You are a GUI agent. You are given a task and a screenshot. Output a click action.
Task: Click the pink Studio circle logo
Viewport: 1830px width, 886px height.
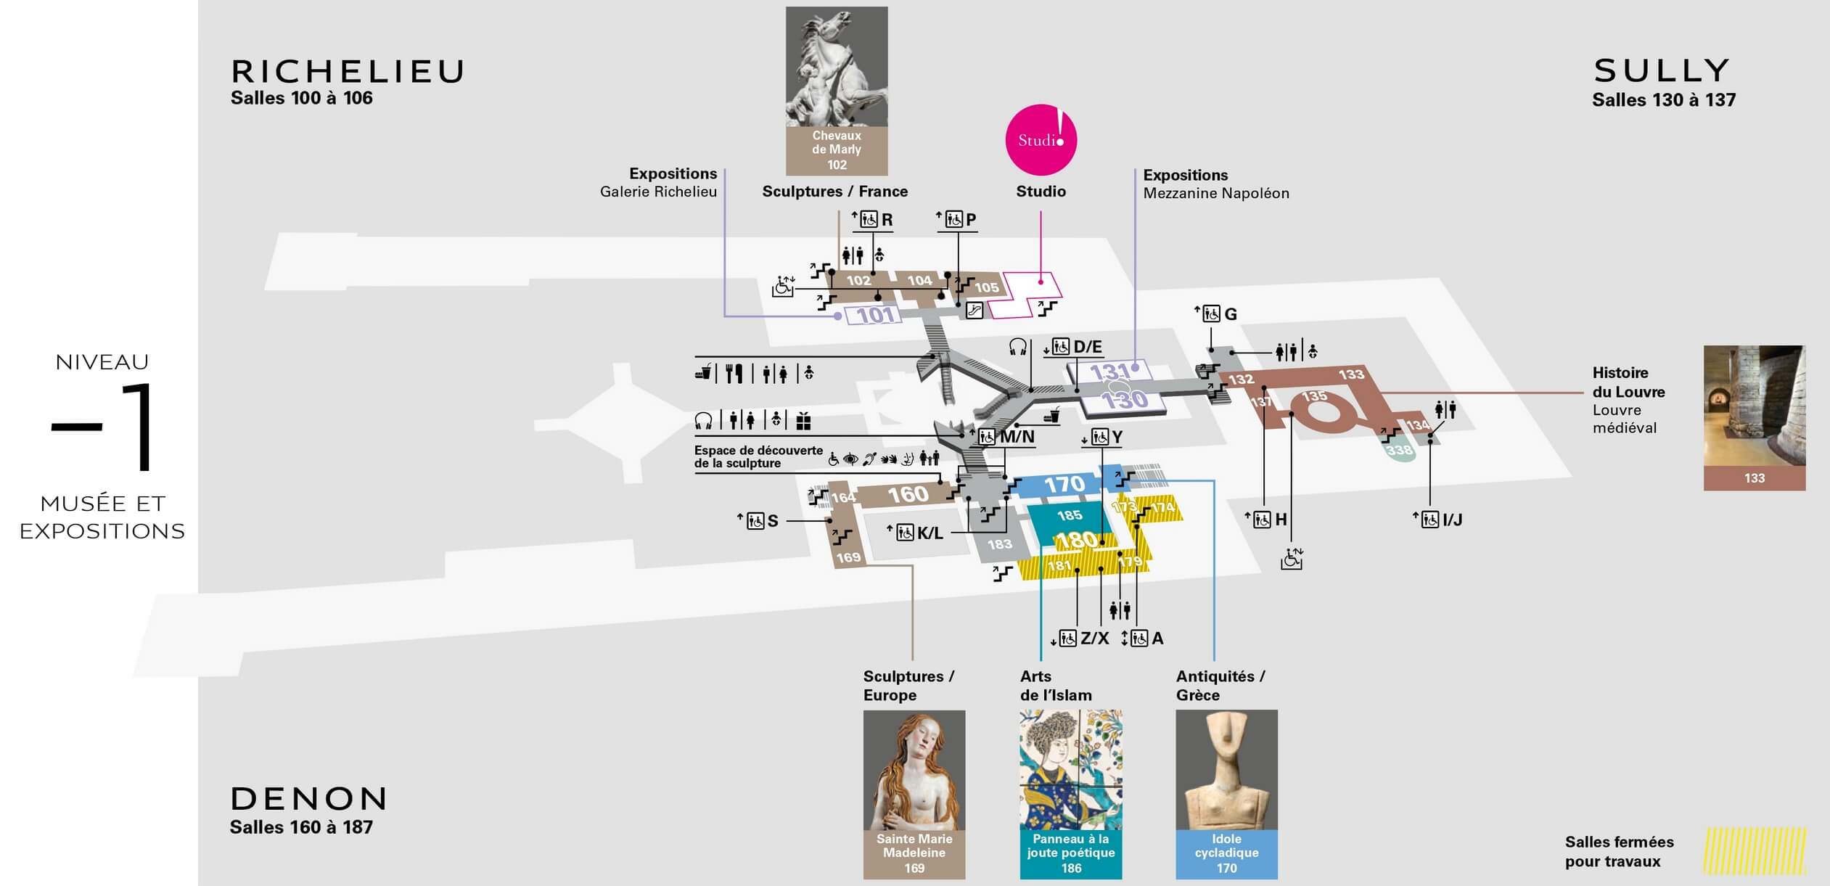click(x=1041, y=140)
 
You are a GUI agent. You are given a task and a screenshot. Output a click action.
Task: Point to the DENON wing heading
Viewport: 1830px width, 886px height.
click(x=309, y=799)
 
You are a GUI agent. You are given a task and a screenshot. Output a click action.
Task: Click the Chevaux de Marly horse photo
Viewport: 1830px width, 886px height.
click(x=837, y=67)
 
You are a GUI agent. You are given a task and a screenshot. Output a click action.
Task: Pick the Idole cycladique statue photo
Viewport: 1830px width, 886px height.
click(x=1226, y=770)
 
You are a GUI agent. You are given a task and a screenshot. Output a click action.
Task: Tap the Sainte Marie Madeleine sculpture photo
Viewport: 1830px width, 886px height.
click(x=914, y=770)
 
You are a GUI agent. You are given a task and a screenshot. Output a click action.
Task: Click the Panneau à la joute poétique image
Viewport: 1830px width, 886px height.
click(x=1071, y=770)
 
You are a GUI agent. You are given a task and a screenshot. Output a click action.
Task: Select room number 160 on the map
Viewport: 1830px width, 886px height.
click(x=908, y=494)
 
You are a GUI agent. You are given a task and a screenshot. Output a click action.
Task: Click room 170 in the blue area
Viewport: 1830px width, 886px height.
click(x=1064, y=484)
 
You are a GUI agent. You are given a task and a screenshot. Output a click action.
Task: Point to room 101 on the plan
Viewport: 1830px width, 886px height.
click(x=876, y=315)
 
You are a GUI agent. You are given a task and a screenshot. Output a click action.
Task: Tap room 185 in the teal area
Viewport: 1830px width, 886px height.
click(x=1070, y=515)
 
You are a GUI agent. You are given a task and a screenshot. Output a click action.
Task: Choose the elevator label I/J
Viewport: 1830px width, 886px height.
click(x=1452, y=520)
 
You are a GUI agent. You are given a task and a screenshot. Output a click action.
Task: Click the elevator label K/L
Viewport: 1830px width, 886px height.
click(x=930, y=533)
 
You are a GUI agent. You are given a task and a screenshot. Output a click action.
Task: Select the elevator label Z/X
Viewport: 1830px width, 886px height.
click(x=1095, y=639)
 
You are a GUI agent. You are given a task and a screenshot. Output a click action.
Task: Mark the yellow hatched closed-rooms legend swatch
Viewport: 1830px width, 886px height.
click(x=1755, y=850)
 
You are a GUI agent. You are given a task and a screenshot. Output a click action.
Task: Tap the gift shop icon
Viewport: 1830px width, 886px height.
click(x=803, y=420)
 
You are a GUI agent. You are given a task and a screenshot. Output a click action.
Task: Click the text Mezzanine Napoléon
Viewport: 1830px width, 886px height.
click(x=1216, y=193)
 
